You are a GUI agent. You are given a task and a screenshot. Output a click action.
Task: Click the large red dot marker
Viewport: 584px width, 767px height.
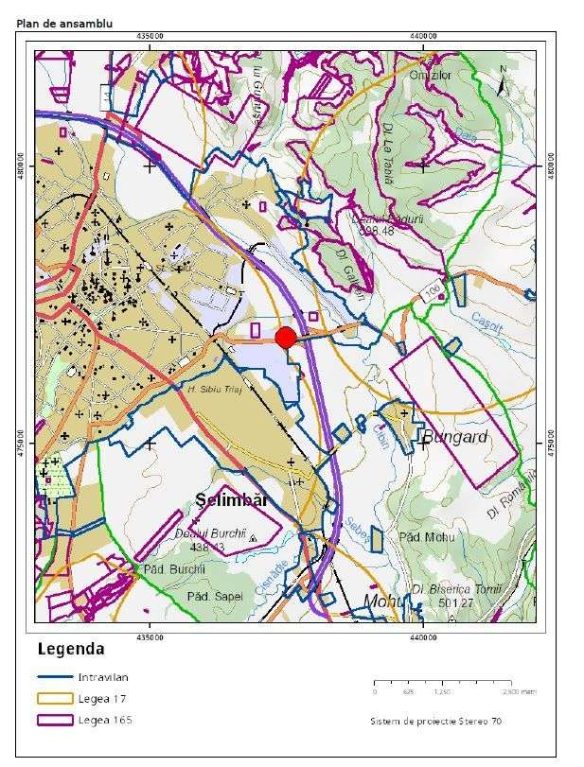pyautogui.click(x=286, y=338)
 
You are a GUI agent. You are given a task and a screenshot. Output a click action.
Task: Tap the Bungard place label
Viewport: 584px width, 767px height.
pyautogui.click(x=454, y=437)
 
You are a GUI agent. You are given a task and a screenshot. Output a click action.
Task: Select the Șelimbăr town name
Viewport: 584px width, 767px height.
pyautogui.click(x=232, y=498)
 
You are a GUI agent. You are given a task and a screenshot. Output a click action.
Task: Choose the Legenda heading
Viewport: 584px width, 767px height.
pyautogui.click(x=71, y=650)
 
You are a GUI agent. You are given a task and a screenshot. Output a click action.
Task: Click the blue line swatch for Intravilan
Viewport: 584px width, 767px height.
pyautogui.click(x=54, y=677)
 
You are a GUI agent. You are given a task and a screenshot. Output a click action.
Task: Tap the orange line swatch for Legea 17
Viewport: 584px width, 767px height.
pyautogui.click(x=54, y=698)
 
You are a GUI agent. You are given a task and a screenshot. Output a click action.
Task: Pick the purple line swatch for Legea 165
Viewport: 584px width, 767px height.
pyautogui.click(x=54, y=720)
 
